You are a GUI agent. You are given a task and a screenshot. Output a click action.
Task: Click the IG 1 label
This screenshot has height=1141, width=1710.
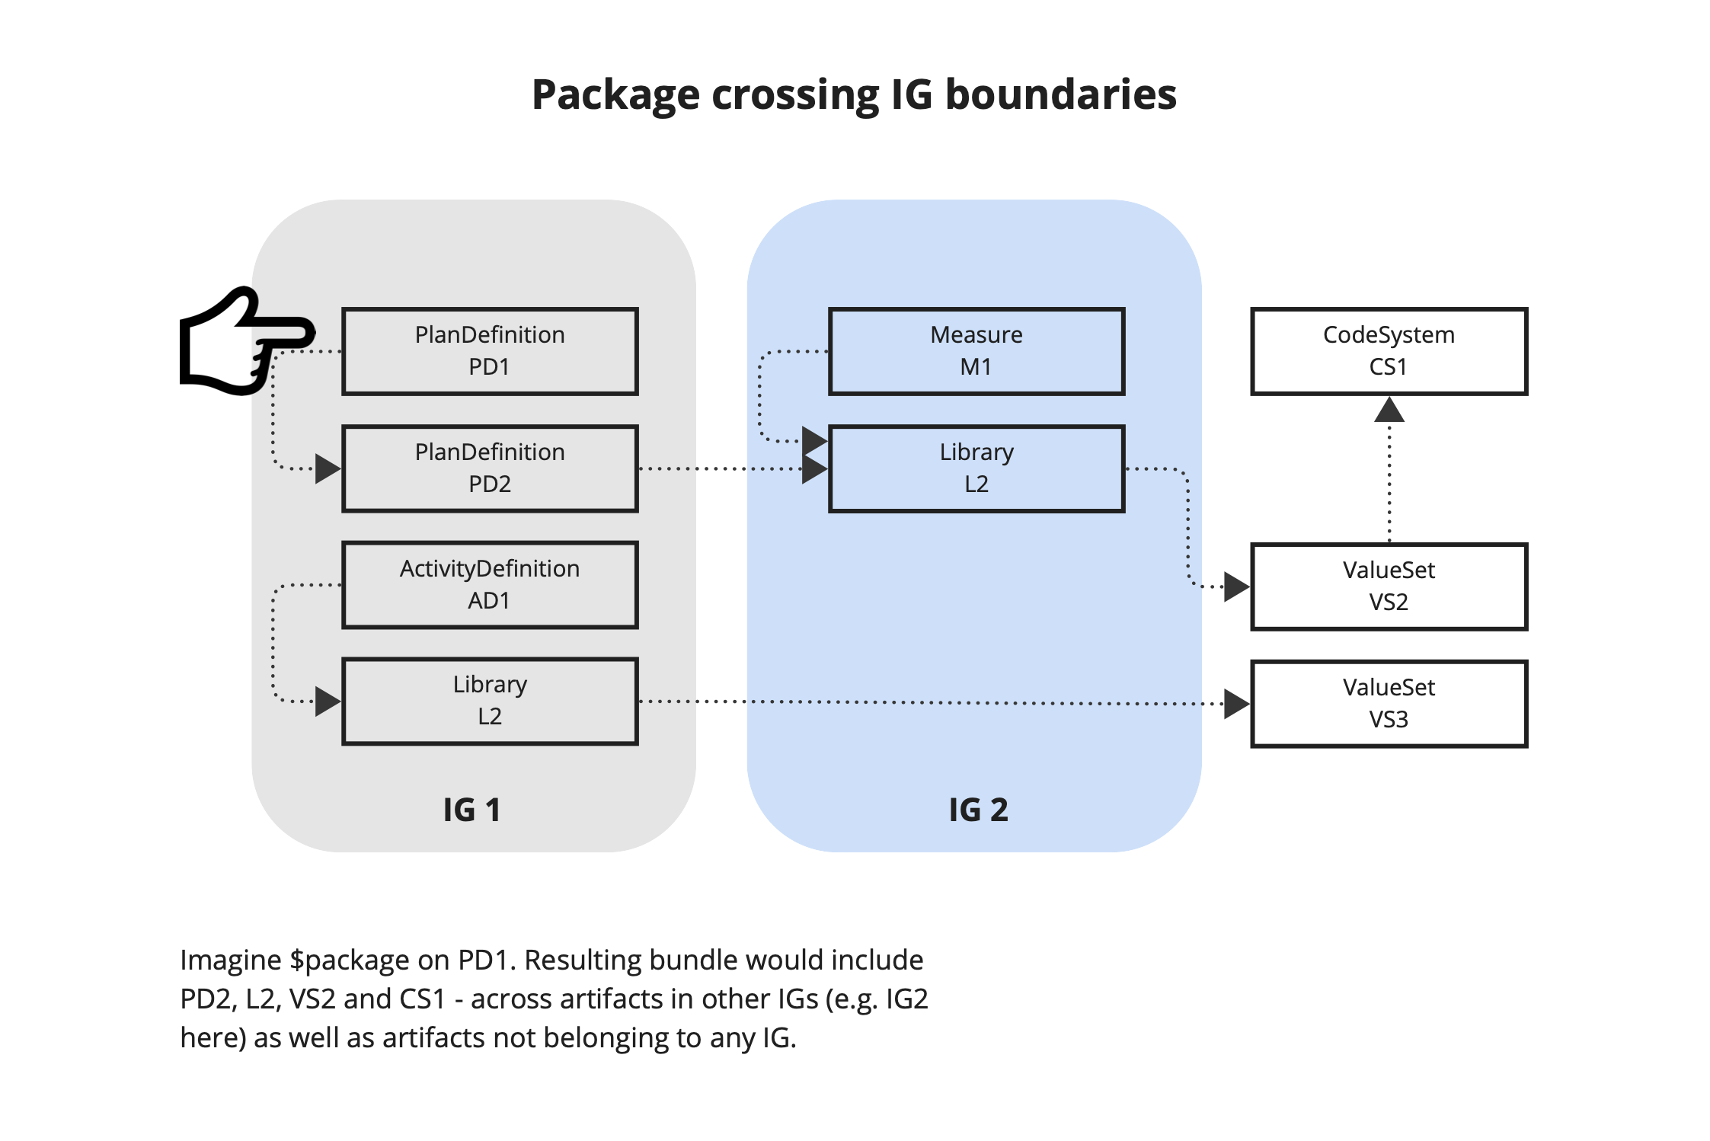pyautogui.click(x=472, y=810)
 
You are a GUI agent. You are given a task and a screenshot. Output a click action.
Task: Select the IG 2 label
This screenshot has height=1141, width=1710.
pyautogui.click(x=979, y=810)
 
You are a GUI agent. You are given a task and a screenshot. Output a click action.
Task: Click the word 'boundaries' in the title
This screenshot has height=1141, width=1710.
pyautogui.click(x=1061, y=94)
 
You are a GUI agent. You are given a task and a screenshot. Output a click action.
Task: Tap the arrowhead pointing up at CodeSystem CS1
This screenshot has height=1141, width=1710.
pyautogui.click(x=1389, y=410)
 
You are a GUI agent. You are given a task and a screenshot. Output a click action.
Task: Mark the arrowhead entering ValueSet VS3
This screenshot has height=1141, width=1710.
pyautogui.click(x=1236, y=704)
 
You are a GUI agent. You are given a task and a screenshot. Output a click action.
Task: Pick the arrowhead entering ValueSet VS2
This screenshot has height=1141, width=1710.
pyautogui.click(x=1236, y=586)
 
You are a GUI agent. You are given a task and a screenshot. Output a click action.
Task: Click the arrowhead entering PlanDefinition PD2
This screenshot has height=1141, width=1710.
pyautogui.click(x=328, y=468)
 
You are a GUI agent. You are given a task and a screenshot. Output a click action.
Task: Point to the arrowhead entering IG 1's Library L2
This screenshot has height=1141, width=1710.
pyautogui.click(x=328, y=701)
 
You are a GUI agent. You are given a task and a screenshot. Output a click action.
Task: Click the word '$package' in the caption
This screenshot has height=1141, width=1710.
pyautogui.click(x=349, y=961)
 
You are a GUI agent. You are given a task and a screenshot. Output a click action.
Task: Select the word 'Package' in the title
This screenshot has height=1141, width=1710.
pyautogui.click(x=615, y=96)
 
